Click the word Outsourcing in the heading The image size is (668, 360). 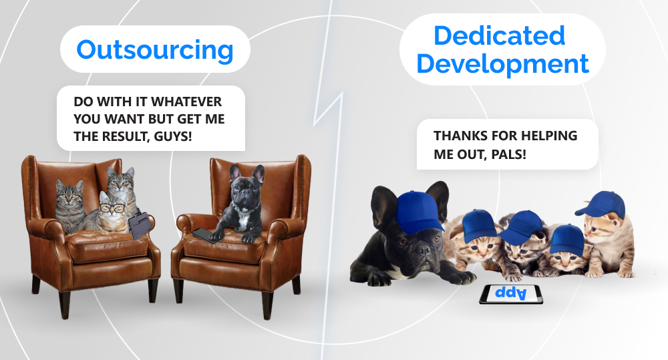(x=155, y=50)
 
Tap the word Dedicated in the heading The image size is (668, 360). (x=499, y=35)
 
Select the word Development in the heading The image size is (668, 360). (x=503, y=64)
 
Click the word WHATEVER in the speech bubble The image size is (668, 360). (x=186, y=102)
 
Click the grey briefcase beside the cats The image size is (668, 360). (x=139, y=225)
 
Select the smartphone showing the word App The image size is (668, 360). (x=511, y=294)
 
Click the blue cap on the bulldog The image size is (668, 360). (x=419, y=211)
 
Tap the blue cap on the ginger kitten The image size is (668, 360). (x=601, y=204)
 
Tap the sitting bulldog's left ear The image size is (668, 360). (x=234, y=174)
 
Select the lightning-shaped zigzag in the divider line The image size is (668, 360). (x=329, y=110)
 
